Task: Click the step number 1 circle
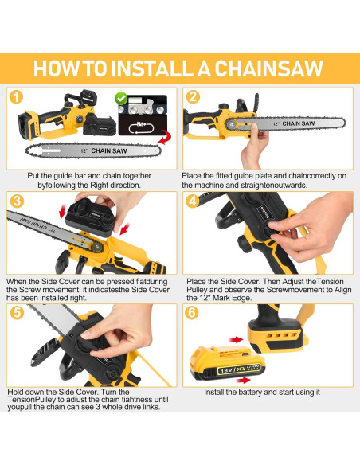[x=16, y=97]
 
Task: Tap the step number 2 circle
[x=193, y=97]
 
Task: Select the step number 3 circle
[x=17, y=201]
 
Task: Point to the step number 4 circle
[x=193, y=201]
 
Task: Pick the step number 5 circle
[x=17, y=313]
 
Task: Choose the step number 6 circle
[x=192, y=313]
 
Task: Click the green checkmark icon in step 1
[x=121, y=99]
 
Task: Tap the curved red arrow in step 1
[x=165, y=137]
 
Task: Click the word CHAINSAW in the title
[x=268, y=68]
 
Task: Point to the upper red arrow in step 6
[x=236, y=340]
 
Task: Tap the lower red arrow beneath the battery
[x=244, y=380]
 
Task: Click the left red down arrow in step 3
[x=63, y=212]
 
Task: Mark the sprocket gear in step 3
[x=97, y=246]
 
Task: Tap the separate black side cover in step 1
[x=100, y=125]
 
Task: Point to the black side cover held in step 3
[x=91, y=217]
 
